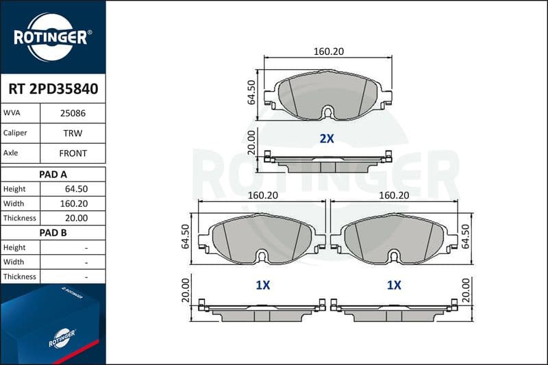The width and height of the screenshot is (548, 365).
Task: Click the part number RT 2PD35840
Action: [53, 89]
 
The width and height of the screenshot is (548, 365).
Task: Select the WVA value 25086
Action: [73, 113]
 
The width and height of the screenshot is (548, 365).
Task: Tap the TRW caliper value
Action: [73, 133]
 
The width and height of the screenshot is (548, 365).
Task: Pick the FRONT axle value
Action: [73, 153]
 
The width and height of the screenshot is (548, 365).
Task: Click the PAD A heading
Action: [53, 175]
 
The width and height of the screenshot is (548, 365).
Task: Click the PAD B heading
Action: [53, 233]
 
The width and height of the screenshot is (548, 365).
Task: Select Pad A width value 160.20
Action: [74, 203]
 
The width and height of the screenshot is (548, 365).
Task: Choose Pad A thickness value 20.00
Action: [76, 218]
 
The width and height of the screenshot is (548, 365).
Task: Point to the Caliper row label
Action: [15, 133]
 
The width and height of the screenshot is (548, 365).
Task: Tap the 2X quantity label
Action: [327, 138]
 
